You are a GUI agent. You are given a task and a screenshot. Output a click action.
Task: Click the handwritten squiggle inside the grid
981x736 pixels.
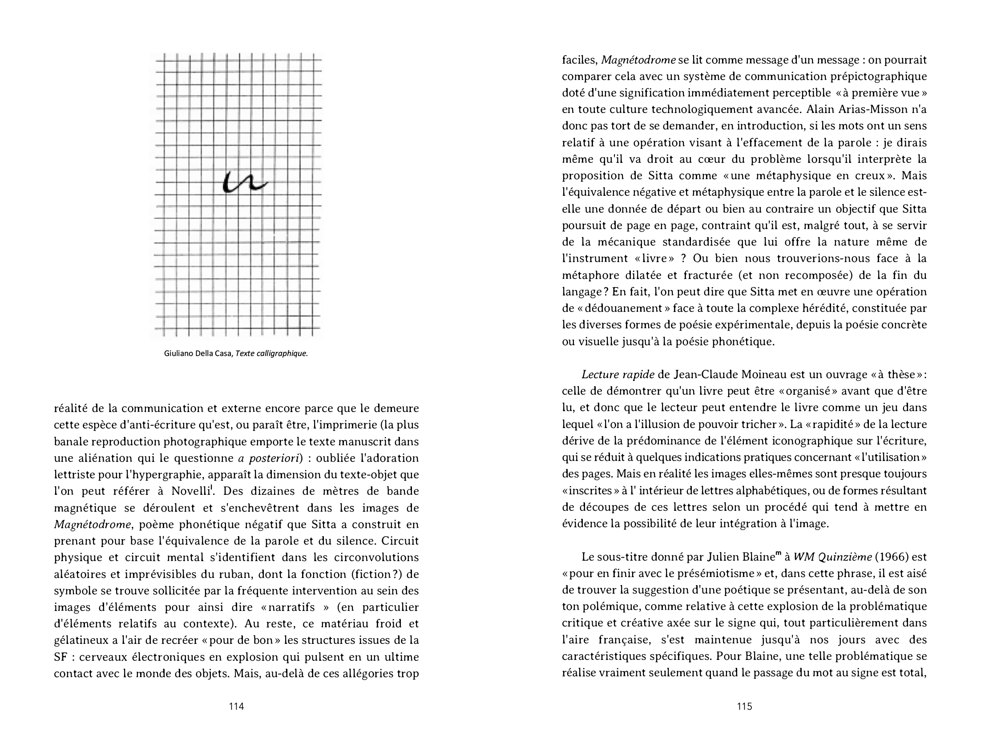click(x=244, y=182)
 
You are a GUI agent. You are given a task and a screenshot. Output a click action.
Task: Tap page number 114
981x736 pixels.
click(x=236, y=706)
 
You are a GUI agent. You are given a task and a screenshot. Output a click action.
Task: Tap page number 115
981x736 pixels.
click(x=744, y=706)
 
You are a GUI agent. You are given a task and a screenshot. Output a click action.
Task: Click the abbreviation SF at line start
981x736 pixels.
click(x=61, y=657)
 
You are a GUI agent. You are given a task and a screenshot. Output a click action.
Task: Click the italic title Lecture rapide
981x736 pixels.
click(x=618, y=375)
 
